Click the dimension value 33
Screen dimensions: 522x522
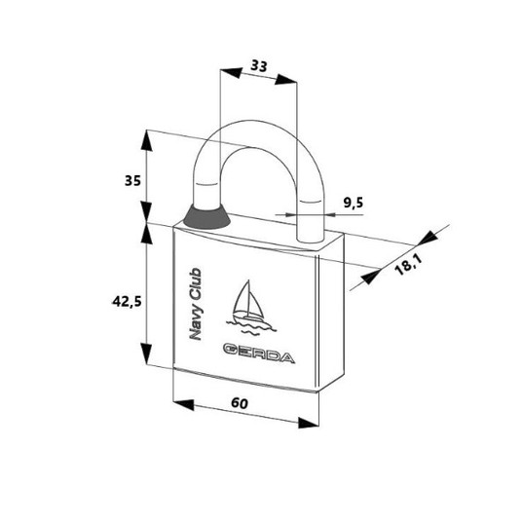tap(259, 65)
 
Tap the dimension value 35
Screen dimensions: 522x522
tap(132, 181)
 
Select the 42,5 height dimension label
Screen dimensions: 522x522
tap(127, 302)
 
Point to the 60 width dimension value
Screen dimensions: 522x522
tap(240, 403)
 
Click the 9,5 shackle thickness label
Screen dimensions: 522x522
tap(354, 203)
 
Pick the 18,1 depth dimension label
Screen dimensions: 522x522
tap(408, 265)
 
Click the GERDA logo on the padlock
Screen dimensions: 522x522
tap(259, 354)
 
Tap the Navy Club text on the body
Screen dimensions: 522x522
tap(196, 304)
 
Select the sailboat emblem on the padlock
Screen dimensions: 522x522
tap(250, 307)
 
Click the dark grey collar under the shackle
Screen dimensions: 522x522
tap(206, 217)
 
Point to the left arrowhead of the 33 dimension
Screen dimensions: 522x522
tap(231, 73)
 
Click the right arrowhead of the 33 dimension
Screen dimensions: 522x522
tap(285, 80)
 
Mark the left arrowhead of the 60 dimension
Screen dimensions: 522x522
tap(184, 404)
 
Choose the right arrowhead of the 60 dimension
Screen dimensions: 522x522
tap(309, 423)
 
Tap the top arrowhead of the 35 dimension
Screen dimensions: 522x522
tap(146, 141)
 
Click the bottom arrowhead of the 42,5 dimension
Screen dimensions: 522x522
tap(146, 354)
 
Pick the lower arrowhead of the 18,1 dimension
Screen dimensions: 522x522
tap(371, 276)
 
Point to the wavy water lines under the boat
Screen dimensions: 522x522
tap(251, 327)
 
